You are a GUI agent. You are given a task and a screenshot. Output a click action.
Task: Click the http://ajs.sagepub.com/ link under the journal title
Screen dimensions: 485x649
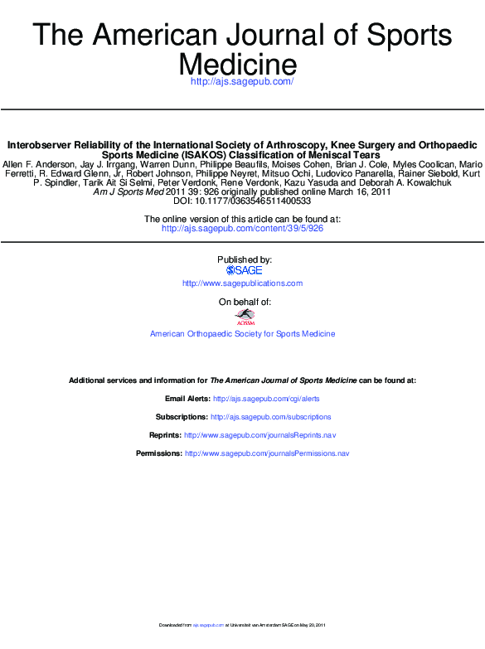point(242,81)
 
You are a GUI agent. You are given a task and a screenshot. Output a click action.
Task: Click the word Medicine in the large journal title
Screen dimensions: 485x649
point(238,63)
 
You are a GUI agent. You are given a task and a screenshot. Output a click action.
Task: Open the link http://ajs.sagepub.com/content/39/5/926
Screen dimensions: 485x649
point(242,228)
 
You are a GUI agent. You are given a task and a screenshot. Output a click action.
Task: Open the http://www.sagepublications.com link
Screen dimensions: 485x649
point(242,283)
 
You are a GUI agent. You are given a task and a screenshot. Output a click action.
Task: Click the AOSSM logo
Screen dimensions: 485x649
point(244,315)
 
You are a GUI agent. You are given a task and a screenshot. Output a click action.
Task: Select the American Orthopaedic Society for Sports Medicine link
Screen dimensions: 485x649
point(242,334)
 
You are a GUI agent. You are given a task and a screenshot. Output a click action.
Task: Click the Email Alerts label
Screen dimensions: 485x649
point(187,399)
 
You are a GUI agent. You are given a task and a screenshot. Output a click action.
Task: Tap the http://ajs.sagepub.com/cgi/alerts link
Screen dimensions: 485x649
point(266,399)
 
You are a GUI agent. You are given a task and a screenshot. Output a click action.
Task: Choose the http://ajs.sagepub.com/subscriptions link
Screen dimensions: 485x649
point(270,417)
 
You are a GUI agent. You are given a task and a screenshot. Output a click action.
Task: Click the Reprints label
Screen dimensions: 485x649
point(165,435)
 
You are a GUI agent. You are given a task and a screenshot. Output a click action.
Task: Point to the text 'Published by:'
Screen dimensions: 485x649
point(244,259)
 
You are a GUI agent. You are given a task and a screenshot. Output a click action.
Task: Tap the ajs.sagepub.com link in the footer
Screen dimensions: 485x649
point(209,624)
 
